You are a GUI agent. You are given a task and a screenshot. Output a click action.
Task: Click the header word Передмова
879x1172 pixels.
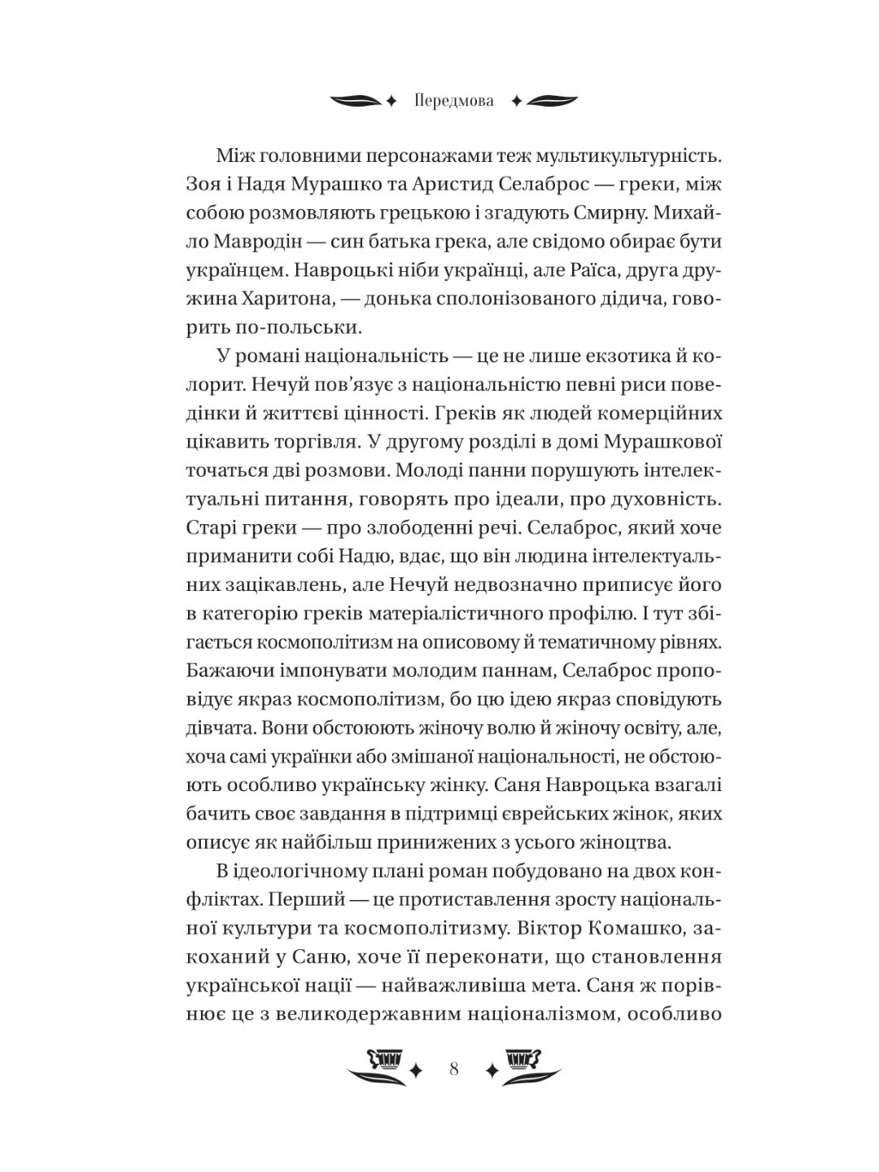pyautogui.click(x=453, y=103)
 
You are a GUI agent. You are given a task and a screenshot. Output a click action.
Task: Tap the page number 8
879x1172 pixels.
pyautogui.click(x=453, y=1069)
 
